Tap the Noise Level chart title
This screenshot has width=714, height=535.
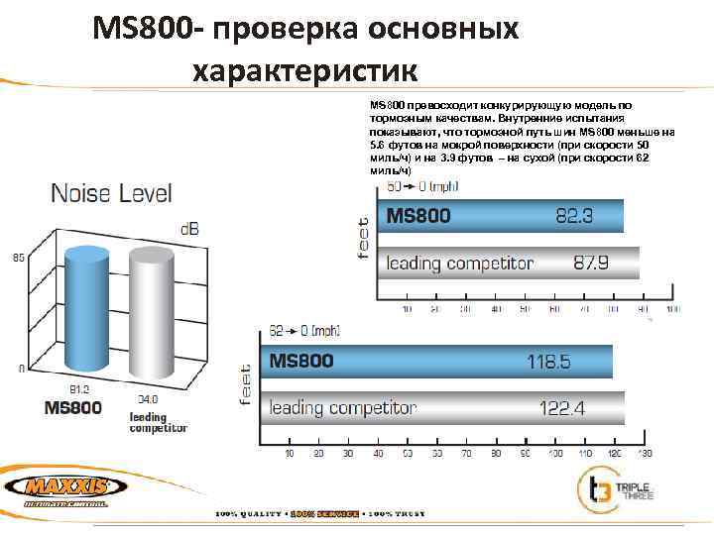pyautogui.click(x=111, y=193)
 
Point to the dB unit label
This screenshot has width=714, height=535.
pyautogui.click(x=187, y=230)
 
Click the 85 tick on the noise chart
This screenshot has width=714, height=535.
pyautogui.click(x=18, y=258)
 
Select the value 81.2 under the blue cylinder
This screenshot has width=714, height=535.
pyautogui.click(x=78, y=389)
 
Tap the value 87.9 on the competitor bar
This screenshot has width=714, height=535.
pyautogui.click(x=591, y=264)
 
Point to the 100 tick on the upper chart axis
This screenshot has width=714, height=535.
pyautogui.click(x=673, y=310)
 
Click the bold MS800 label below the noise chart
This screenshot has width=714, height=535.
pyautogui.click(x=73, y=408)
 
